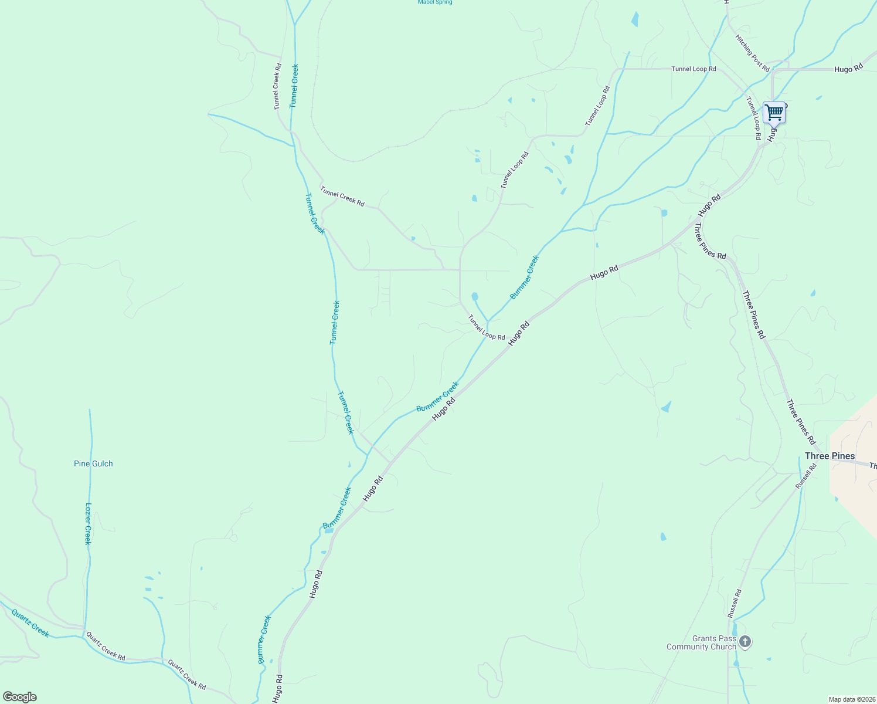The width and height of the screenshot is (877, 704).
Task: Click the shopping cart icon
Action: tap(774, 112)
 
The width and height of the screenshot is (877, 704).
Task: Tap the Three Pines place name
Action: tap(830, 456)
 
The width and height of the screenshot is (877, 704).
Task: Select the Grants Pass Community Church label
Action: tap(701, 642)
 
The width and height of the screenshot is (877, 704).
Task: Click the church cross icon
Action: tap(745, 641)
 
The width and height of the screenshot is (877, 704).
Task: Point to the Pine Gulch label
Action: tap(93, 463)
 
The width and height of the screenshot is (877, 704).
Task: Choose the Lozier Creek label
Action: tap(89, 523)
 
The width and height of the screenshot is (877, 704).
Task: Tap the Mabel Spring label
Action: tap(435, 2)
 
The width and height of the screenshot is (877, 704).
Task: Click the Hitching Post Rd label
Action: tap(752, 53)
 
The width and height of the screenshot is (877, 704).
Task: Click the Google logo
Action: tap(20, 697)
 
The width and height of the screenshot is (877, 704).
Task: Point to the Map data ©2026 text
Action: tap(851, 699)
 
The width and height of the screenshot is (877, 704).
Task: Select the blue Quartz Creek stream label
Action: tap(30, 622)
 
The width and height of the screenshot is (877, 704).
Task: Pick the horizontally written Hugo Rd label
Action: tap(848, 69)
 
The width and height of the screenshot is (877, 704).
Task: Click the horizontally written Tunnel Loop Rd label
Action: tap(694, 69)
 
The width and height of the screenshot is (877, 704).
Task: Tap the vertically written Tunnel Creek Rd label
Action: tap(278, 86)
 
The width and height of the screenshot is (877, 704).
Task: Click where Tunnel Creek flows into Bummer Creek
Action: tap(368, 455)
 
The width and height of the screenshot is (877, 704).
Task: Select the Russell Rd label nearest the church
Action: tap(735, 603)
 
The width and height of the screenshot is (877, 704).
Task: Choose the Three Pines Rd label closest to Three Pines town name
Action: tap(801, 422)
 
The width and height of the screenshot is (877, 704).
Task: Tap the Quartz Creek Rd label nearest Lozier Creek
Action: tap(106, 645)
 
